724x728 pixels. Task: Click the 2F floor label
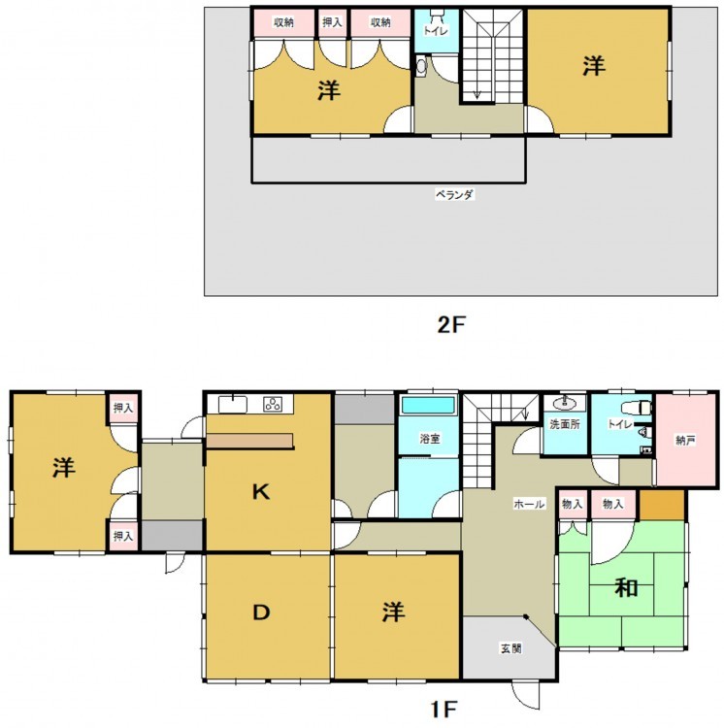(x=450, y=325)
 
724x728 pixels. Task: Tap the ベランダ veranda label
(x=454, y=194)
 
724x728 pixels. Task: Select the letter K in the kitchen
(x=261, y=491)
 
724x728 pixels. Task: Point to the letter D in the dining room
(x=261, y=612)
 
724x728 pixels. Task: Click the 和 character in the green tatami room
(x=626, y=588)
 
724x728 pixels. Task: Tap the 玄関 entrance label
(x=510, y=648)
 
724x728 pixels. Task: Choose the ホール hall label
(x=529, y=504)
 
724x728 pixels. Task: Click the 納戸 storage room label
(x=685, y=441)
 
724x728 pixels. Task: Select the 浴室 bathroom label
(x=430, y=439)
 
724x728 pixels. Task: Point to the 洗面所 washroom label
(x=564, y=424)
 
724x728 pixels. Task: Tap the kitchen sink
(x=232, y=404)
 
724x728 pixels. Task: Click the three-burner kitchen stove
(x=273, y=405)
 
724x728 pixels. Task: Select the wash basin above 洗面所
(x=565, y=403)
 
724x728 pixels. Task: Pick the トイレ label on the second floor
(x=437, y=31)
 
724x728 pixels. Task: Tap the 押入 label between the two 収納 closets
(x=332, y=21)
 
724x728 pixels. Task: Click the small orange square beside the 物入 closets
(x=663, y=505)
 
